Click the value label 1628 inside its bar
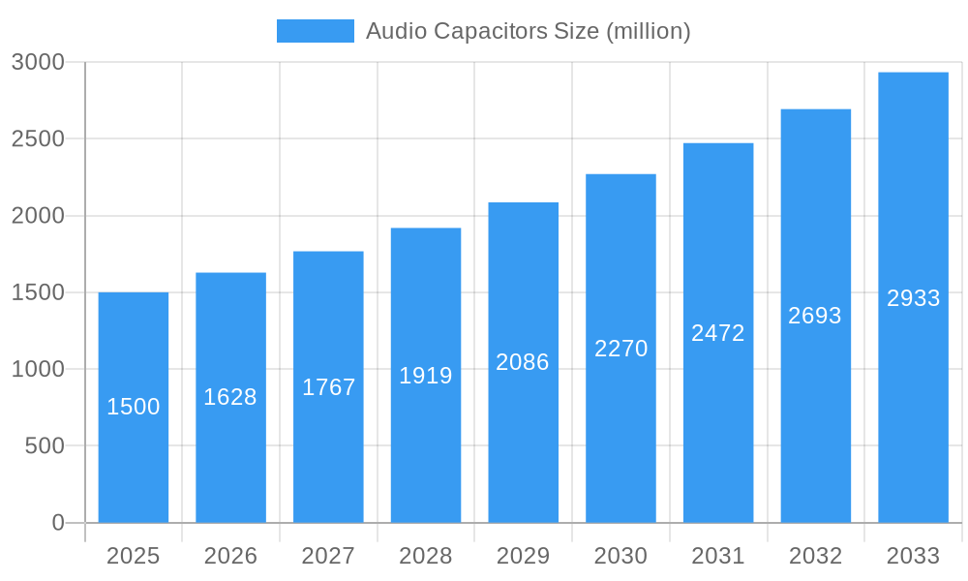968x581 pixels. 230,397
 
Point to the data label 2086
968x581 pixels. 523,362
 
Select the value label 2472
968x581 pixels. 718,333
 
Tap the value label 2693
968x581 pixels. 815,316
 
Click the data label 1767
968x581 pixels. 328,387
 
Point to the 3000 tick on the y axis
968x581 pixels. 38,62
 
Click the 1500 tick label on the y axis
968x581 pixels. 38,292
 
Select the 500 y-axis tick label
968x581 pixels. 44,446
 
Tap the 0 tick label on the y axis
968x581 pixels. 57,523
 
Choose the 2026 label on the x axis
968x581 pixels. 230,556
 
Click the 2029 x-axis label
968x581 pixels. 523,556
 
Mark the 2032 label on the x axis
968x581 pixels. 815,556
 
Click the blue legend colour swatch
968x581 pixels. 316,31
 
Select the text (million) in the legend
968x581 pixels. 648,31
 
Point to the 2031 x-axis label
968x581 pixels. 718,556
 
